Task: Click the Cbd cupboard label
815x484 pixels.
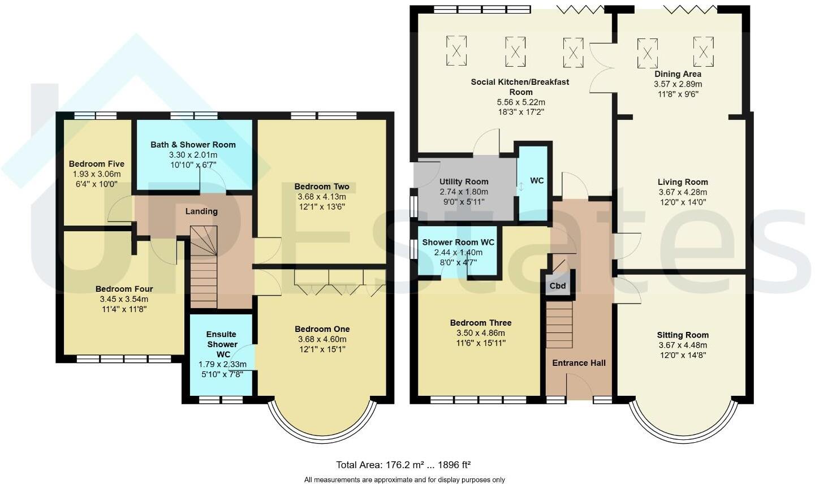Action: (x=558, y=286)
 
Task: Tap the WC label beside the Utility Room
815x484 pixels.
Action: (x=537, y=180)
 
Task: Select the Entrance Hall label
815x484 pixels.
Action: (x=579, y=363)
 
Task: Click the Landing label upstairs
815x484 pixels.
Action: (x=202, y=211)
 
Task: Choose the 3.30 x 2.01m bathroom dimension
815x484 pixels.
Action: (x=193, y=155)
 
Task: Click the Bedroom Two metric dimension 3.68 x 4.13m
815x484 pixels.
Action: (x=322, y=197)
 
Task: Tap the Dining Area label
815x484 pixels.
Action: (x=678, y=74)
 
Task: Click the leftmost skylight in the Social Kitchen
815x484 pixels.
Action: (x=456, y=50)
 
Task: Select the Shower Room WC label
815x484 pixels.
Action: (x=458, y=243)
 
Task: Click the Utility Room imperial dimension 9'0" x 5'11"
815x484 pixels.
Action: (x=464, y=202)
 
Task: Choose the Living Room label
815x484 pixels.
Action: (x=683, y=182)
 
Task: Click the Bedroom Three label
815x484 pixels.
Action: (x=481, y=323)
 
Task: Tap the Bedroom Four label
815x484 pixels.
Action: (x=124, y=289)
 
